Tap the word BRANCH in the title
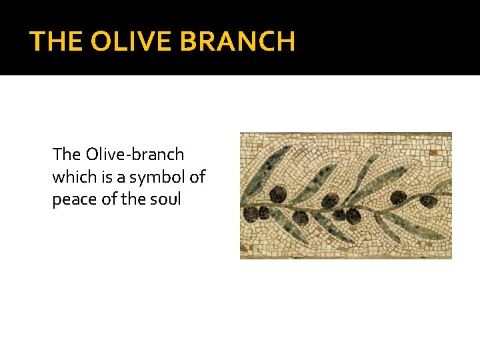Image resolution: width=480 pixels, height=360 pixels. [x=237, y=42]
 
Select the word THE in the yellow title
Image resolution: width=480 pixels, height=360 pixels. [x=56, y=42]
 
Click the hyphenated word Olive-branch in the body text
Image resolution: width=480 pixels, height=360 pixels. [x=135, y=155]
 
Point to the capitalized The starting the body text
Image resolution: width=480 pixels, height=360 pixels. [x=67, y=155]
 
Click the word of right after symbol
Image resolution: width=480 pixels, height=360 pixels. [x=197, y=177]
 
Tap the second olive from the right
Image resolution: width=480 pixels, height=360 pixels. [x=399, y=198]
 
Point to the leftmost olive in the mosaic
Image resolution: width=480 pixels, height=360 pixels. [x=251, y=214]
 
